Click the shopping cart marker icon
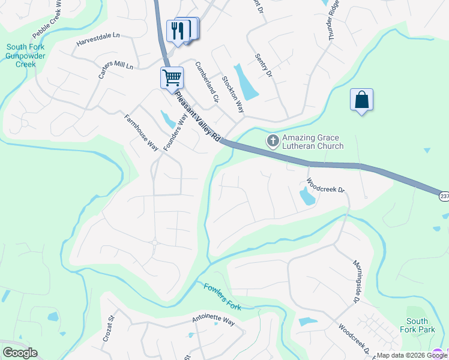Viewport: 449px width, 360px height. click(172, 78)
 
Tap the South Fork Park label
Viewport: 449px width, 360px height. click(417, 325)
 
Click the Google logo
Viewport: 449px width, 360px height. click(20, 352)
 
